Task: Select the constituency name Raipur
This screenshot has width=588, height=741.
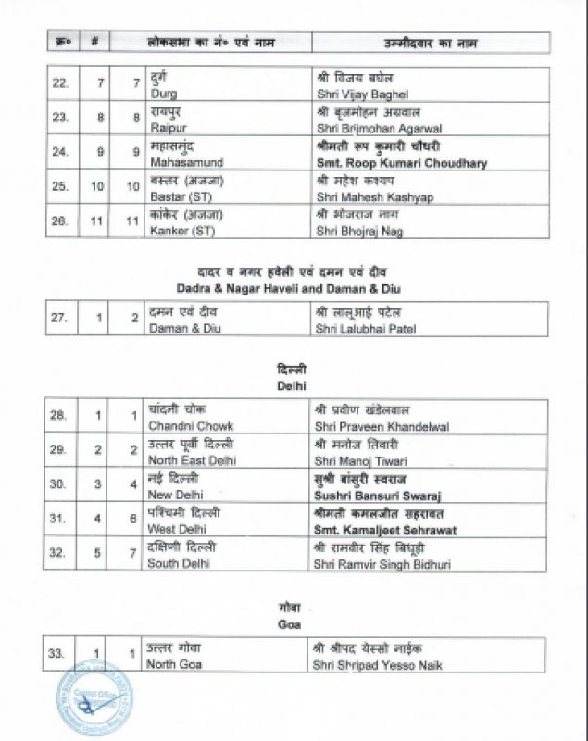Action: [166, 129]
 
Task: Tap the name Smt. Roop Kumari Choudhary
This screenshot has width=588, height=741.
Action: [401, 163]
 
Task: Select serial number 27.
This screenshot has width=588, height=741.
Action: [59, 319]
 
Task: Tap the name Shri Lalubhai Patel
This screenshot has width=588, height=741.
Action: [366, 329]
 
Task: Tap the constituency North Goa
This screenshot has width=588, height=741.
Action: [175, 663]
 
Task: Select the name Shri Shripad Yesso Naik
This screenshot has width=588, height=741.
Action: [380, 663]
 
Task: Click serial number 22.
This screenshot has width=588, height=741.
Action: [59, 84]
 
